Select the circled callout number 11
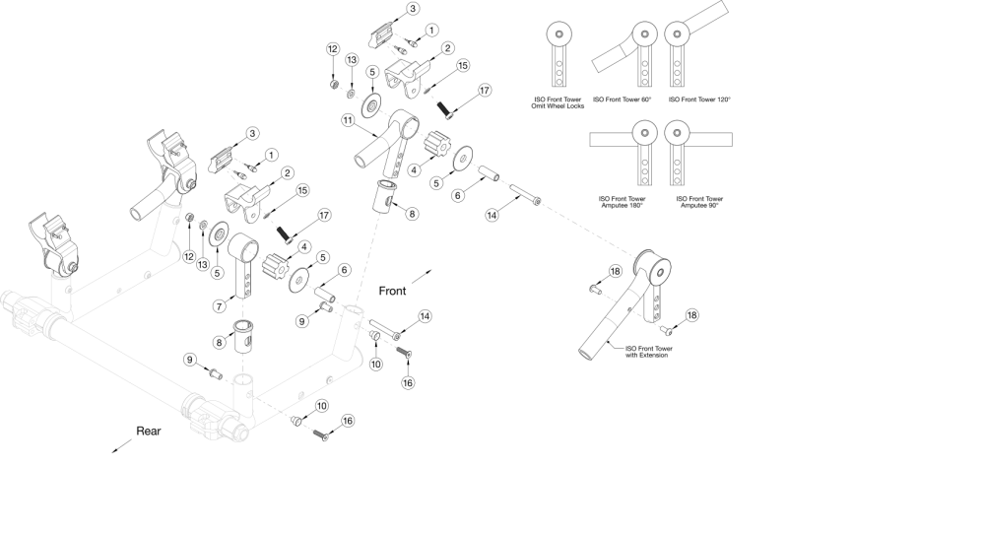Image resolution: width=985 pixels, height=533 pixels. pyautogui.click(x=347, y=120)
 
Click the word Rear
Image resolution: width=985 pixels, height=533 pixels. pyautogui.click(x=150, y=431)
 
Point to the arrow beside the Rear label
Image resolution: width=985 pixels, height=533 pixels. pyautogui.click(x=121, y=446)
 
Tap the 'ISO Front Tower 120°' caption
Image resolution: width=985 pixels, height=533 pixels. pyautogui.click(x=699, y=100)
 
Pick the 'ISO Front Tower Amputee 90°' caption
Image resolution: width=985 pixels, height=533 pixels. pyautogui.click(x=699, y=203)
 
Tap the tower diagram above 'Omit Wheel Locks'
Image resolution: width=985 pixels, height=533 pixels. pyautogui.click(x=558, y=54)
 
